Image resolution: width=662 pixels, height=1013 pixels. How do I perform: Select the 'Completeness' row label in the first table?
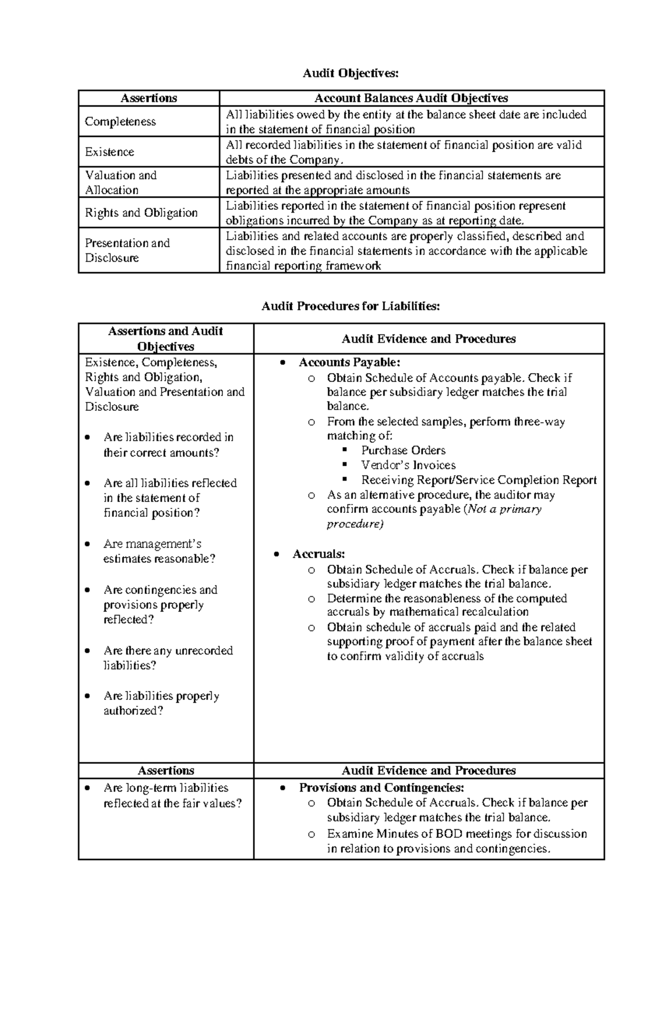coord(120,121)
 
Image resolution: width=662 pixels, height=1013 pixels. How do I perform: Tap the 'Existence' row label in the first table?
coord(109,152)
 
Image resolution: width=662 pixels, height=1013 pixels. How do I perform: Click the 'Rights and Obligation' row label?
coord(141,213)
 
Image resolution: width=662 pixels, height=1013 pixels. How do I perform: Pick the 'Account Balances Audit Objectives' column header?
coord(411,98)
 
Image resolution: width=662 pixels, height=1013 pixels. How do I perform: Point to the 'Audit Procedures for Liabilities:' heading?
coord(350,306)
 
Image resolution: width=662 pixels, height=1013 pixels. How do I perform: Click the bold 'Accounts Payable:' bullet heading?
coord(349,362)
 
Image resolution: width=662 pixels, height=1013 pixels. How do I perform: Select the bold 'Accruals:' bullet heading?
coord(319,554)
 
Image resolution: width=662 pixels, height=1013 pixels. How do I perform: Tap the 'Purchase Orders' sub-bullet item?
coord(403,450)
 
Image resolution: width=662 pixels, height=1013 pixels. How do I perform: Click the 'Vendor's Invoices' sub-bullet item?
coord(408,465)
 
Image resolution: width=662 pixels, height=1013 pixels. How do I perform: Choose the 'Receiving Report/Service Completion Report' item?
coord(479,480)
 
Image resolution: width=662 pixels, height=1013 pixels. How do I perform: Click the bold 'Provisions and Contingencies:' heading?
coord(381,787)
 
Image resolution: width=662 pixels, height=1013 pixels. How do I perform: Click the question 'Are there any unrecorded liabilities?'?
coord(168,657)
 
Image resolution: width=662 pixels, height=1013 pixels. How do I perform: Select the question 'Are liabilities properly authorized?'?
coord(161,703)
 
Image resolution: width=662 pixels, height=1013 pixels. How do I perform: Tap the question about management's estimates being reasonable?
coord(159,551)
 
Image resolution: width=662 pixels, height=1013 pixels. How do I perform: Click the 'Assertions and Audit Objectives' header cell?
coord(165,338)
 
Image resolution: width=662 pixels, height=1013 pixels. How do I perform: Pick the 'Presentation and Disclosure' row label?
coord(127,250)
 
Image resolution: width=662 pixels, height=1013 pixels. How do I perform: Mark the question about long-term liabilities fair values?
coord(172,795)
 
